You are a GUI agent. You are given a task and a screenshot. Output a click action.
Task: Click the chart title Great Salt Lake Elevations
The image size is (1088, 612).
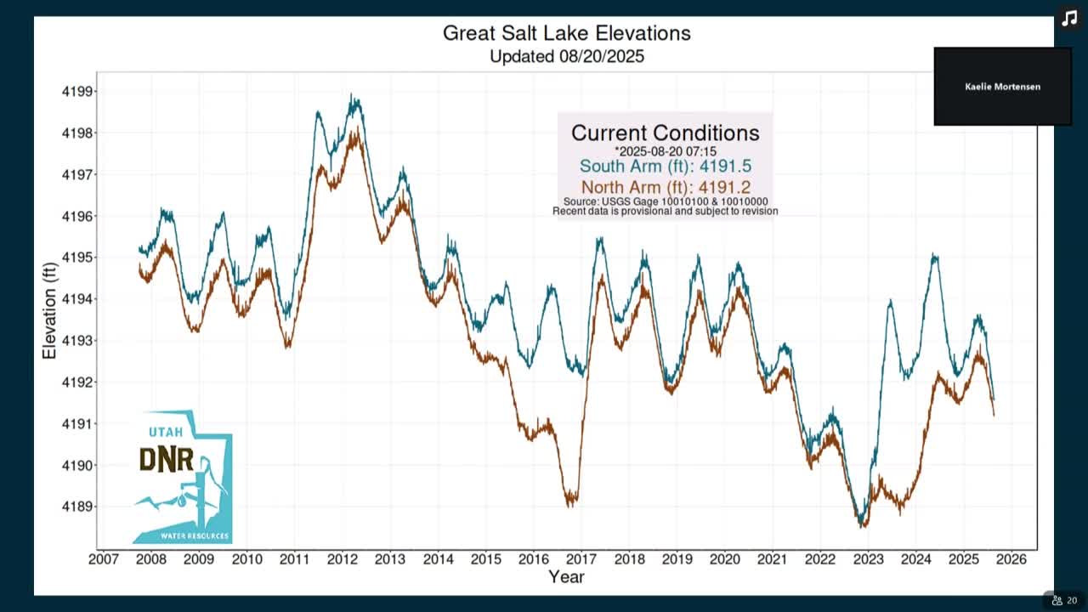(x=566, y=33)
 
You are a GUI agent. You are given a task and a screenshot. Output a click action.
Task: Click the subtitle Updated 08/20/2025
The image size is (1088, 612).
(x=566, y=57)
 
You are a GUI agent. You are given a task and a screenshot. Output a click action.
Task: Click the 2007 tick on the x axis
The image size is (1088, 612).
(x=103, y=559)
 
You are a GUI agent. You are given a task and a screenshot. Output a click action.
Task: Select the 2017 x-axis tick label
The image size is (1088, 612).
(x=581, y=559)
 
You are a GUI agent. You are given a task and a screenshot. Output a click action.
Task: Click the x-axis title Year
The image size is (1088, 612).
(x=566, y=577)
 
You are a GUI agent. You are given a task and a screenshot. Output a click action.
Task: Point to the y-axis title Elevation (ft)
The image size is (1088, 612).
(x=49, y=309)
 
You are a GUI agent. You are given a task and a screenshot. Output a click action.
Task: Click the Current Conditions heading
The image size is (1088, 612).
(x=665, y=133)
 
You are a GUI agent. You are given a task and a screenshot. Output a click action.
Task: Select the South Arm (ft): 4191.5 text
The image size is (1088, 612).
(x=665, y=167)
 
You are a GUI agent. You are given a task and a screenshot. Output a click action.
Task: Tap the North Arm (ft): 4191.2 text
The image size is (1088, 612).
(x=665, y=187)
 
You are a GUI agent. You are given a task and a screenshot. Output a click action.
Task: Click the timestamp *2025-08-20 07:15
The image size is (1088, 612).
(x=665, y=151)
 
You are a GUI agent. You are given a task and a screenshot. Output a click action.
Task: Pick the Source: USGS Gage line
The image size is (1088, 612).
(x=665, y=201)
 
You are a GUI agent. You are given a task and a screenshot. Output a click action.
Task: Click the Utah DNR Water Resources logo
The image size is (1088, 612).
(x=183, y=478)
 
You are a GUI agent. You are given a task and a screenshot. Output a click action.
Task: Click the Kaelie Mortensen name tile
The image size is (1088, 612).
(x=1002, y=87)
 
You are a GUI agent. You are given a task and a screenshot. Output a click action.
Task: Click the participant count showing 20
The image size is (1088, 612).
(x=1064, y=600)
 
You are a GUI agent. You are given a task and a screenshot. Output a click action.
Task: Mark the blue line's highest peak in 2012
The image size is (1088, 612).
(x=351, y=96)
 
